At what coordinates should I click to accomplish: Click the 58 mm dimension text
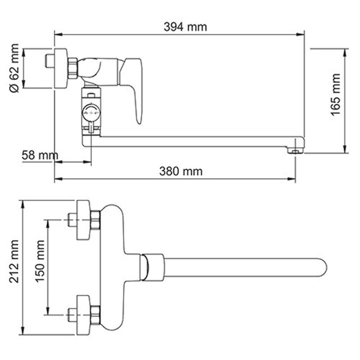tap(40, 156)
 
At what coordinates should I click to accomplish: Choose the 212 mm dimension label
tap(14, 267)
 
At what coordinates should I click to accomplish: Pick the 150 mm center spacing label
tap(40, 267)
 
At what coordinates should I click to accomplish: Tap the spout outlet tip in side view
tap(295, 151)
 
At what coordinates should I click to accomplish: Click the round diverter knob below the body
tap(91, 112)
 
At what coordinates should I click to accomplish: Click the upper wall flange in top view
tap(83, 220)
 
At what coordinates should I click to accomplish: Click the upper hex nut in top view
tap(95, 220)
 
